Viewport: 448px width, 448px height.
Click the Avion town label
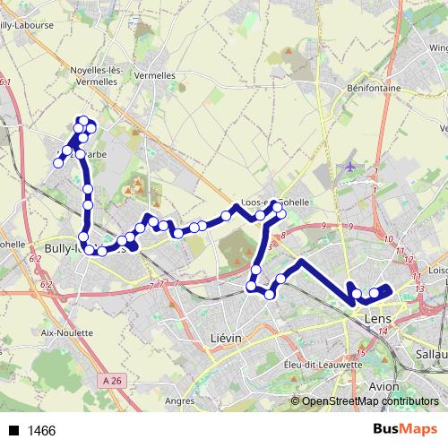tap(384, 386)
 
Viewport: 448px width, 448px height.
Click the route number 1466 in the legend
tap(42, 431)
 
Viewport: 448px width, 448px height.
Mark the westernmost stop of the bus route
tap(58, 163)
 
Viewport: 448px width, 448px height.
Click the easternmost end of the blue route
tap(389, 288)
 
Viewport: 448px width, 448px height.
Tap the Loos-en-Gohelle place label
tap(275, 202)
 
